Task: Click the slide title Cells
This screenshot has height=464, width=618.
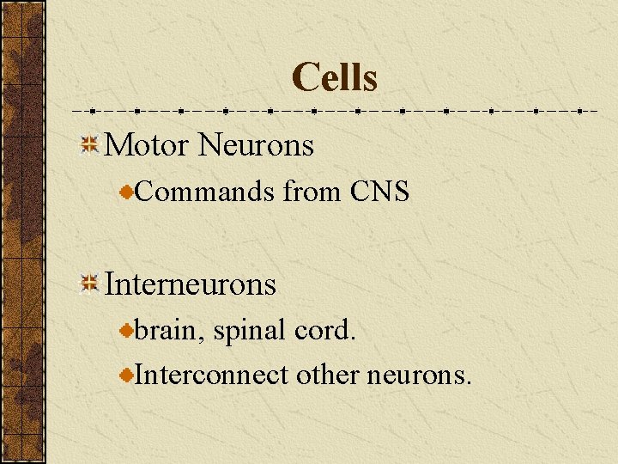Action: coord(334,77)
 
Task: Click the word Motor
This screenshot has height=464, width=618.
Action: coord(146,145)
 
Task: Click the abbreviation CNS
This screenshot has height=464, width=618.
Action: coord(379,192)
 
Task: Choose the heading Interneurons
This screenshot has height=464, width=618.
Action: coord(190,284)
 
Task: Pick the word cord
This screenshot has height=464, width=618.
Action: coord(323,330)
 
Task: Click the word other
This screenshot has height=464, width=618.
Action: coord(327,375)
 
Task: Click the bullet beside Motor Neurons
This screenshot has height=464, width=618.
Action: coord(89,145)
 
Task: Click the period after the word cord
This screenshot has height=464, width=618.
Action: coord(352,338)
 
